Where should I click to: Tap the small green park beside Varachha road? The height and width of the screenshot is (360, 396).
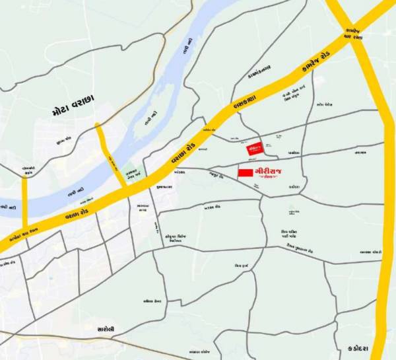(x=133, y=174)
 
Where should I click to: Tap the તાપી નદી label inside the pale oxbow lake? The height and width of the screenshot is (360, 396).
(x=149, y=119)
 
